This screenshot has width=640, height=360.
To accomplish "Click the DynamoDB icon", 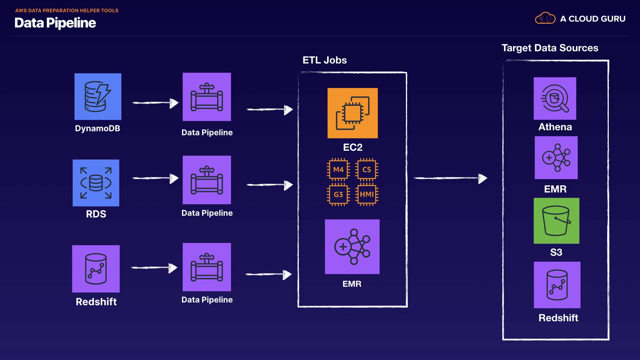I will [98, 97].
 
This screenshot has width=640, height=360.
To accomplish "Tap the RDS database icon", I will [96, 183].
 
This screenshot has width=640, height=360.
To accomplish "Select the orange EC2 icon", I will [352, 113].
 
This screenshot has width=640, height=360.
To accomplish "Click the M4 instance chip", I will [338, 170].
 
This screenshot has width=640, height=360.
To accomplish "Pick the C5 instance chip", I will [367, 170].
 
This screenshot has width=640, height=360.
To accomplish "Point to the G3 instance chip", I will [338, 195].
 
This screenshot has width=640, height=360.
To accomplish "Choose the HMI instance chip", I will [367, 195].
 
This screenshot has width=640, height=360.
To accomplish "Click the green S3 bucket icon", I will [556, 221].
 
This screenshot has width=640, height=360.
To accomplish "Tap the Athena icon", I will [555, 98].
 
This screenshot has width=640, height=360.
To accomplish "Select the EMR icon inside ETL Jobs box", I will [352, 247].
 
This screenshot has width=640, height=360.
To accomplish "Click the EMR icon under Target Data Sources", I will [556, 158].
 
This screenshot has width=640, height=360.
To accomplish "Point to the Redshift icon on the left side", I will [96, 269].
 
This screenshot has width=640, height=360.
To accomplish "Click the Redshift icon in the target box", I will [557, 285].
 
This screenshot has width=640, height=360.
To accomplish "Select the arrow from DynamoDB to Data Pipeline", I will [155, 103].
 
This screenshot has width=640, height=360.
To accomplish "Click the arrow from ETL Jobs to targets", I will [450, 178].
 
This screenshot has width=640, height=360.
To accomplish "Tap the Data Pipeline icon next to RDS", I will [207, 180].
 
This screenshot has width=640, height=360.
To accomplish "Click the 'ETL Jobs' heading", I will [324, 60].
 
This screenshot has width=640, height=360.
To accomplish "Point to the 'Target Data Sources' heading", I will [550, 48].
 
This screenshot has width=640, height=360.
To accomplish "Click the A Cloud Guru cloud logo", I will [545, 18].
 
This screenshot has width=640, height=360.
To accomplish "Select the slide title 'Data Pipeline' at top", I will [55, 23].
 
